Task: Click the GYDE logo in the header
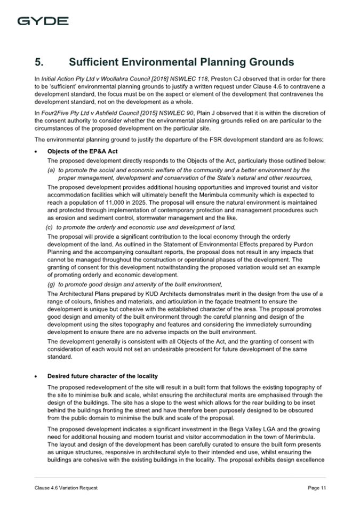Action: [43, 21]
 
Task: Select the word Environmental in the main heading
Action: [158, 62]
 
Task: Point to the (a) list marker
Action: [52, 170]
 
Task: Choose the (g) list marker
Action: [52, 284]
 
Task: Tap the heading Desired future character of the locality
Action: [102, 376]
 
